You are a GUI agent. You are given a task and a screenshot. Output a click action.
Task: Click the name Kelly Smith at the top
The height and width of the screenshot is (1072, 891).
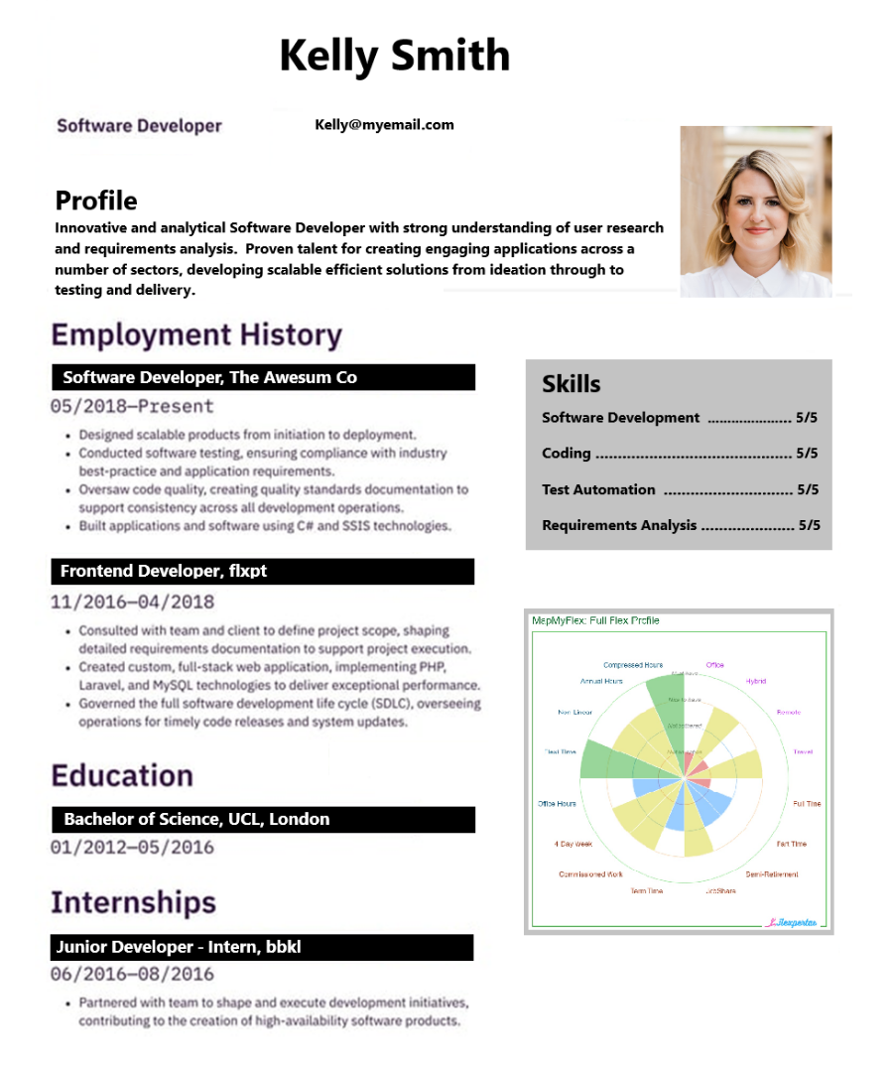pos(394,56)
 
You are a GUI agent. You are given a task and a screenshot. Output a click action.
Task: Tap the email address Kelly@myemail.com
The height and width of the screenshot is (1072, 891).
pos(384,125)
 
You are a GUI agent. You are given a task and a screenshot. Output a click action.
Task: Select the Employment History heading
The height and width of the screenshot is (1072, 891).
pos(196,335)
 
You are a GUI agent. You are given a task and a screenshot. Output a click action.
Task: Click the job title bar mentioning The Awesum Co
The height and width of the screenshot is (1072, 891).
pos(263,377)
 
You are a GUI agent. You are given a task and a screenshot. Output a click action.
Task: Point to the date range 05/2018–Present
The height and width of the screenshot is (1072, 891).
pos(132,406)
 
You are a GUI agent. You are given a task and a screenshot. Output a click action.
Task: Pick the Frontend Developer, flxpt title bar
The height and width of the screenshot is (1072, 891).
pos(263,571)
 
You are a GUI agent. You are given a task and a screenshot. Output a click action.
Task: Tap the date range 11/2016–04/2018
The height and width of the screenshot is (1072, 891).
pos(132,602)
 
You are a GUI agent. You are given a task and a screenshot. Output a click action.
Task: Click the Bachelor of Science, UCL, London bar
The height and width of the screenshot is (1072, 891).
pos(263,819)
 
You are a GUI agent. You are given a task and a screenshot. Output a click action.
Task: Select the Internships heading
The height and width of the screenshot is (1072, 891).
pos(133,902)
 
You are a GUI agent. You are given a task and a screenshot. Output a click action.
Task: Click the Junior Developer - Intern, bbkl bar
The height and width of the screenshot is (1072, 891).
pos(263,947)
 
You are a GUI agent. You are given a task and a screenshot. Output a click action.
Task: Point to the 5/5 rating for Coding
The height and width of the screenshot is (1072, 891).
pos(807,454)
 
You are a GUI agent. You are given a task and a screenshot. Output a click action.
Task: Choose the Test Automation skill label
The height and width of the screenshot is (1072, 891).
pos(598,489)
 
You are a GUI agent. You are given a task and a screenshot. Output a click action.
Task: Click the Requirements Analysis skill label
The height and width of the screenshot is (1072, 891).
pos(619,525)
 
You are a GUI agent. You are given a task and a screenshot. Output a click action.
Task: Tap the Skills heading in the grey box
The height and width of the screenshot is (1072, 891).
pos(572,384)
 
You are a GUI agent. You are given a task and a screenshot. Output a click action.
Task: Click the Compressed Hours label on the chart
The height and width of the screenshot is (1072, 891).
pos(633,665)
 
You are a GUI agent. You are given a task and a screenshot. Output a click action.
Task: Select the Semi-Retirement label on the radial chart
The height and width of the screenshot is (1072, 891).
pos(772,874)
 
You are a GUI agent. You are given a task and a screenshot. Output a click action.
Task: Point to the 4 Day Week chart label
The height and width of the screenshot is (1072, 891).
pos(573,844)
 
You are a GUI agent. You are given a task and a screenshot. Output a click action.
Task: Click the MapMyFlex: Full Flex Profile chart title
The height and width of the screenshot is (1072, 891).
pos(595,620)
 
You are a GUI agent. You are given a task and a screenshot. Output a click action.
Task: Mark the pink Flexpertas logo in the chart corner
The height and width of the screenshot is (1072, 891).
pos(792,921)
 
